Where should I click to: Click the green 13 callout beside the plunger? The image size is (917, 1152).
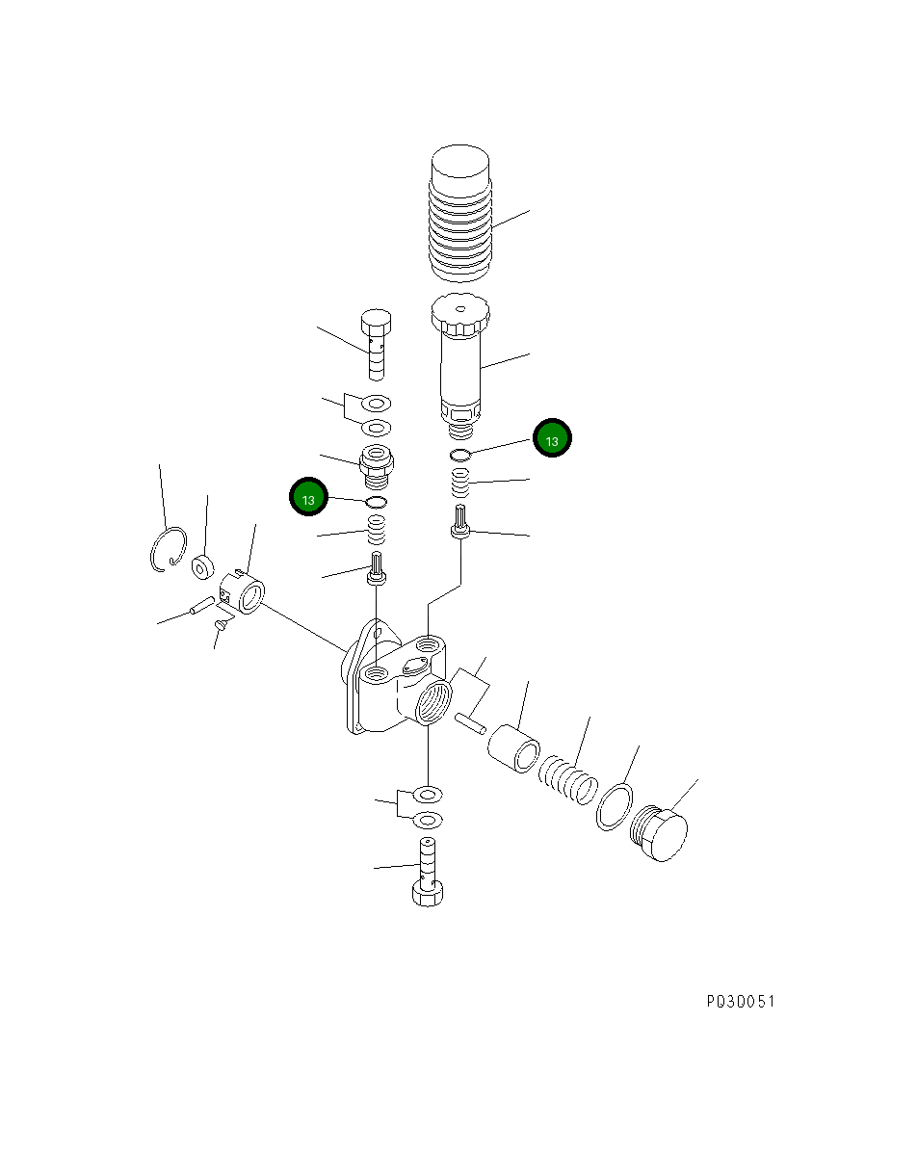coord(553,439)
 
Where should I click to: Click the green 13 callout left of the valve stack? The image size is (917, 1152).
coord(308,499)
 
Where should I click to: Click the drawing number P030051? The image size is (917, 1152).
coord(740,1002)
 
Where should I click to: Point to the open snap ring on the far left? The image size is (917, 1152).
coord(168,550)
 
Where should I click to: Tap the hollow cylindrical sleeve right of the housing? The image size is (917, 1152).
coord(513,748)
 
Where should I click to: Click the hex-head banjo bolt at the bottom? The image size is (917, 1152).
coord(427,873)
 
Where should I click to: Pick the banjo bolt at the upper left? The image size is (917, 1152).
coord(376,345)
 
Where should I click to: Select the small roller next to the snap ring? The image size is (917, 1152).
coord(201,566)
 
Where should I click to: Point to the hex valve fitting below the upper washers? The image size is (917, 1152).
coord(376,462)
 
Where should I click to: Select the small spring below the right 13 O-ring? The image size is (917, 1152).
coord(461,480)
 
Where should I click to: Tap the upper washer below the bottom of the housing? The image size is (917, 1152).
coord(427,795)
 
